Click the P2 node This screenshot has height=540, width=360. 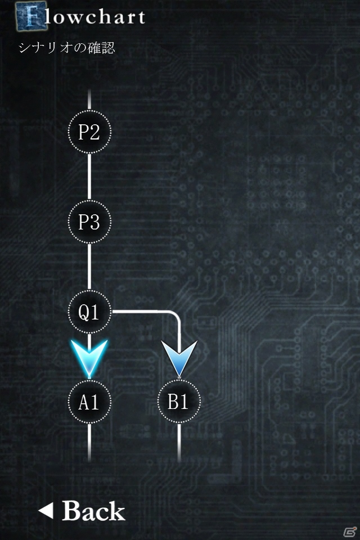pos(89,132)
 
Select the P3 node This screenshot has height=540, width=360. pos(89,222)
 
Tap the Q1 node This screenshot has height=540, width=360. pos(89,312)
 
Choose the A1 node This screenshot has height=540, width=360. pos(89,402)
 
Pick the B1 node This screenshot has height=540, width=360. pos(179,402)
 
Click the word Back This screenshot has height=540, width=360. pos(93,511)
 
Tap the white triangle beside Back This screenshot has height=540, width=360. pos(46,510)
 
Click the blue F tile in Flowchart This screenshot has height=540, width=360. pos(31,16)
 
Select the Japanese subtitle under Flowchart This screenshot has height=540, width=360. pos(66,47)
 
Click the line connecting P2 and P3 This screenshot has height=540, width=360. pos(89,177)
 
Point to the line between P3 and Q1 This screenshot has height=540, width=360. pos(89,267)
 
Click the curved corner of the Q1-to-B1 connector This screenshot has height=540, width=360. pos(175,316)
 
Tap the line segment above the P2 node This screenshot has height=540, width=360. pos(89,100)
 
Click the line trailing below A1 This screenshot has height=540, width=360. pos(89,443)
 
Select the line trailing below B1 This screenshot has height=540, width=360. pos(179,443)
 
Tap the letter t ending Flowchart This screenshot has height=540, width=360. pos(139,17)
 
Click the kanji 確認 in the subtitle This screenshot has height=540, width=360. pos(101,47)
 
